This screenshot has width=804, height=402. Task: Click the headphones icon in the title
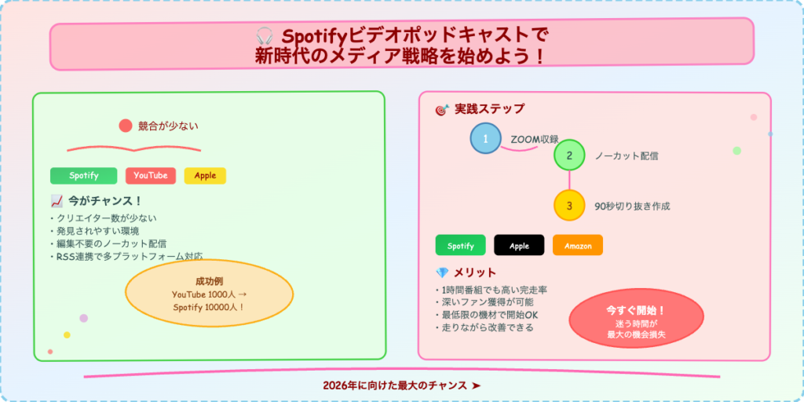click(265, 36)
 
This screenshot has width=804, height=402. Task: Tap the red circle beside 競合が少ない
click(125, 126)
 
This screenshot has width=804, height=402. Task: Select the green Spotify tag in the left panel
click(83, 176)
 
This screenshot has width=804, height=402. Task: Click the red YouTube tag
click(150, 176)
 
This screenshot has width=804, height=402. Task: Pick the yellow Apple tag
click(205, 176)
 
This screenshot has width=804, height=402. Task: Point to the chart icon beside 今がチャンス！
click(57, 201)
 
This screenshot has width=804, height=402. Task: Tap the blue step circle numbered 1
click(485, 139)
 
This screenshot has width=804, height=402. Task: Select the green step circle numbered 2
click(569, 155)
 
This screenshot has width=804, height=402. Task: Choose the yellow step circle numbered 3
click(569, 206)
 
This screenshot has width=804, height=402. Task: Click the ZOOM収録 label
click(534, 139)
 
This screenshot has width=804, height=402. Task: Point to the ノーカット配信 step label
click(626, 156)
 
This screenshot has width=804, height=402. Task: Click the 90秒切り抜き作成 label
click(632, 206)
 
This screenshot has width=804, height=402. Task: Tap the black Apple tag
click(519, 246)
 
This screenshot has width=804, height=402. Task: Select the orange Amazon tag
click(577, 246)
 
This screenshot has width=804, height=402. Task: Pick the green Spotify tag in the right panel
click(460, 246)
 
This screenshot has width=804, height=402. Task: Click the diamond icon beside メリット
click(442, 272)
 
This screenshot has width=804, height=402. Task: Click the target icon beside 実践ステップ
click(442, 110)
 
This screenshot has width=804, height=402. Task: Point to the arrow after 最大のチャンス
click(476, 386)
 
